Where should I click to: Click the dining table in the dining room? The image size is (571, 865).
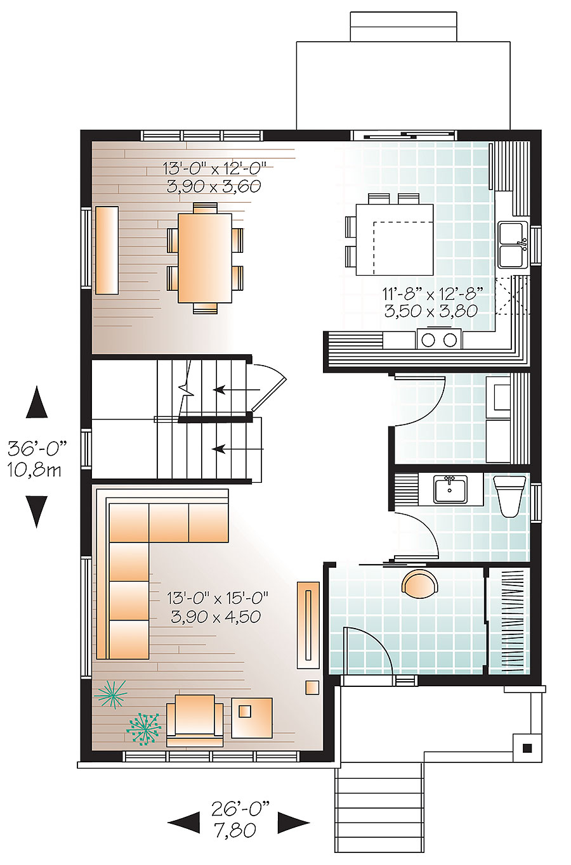point(204,258)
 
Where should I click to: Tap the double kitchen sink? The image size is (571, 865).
point(513,245)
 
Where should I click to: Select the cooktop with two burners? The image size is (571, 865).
point(439,340)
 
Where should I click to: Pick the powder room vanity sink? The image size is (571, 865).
point(450,490)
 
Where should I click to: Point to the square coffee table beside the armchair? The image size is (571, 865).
point(251,717)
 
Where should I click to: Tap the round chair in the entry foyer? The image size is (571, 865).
point(419,584)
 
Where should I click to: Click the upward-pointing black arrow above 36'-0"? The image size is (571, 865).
point(37,403)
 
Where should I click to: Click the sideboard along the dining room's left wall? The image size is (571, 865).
point(107,250)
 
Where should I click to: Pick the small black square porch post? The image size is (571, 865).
point(527,748)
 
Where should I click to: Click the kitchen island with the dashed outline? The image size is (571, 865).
point(395,240)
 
